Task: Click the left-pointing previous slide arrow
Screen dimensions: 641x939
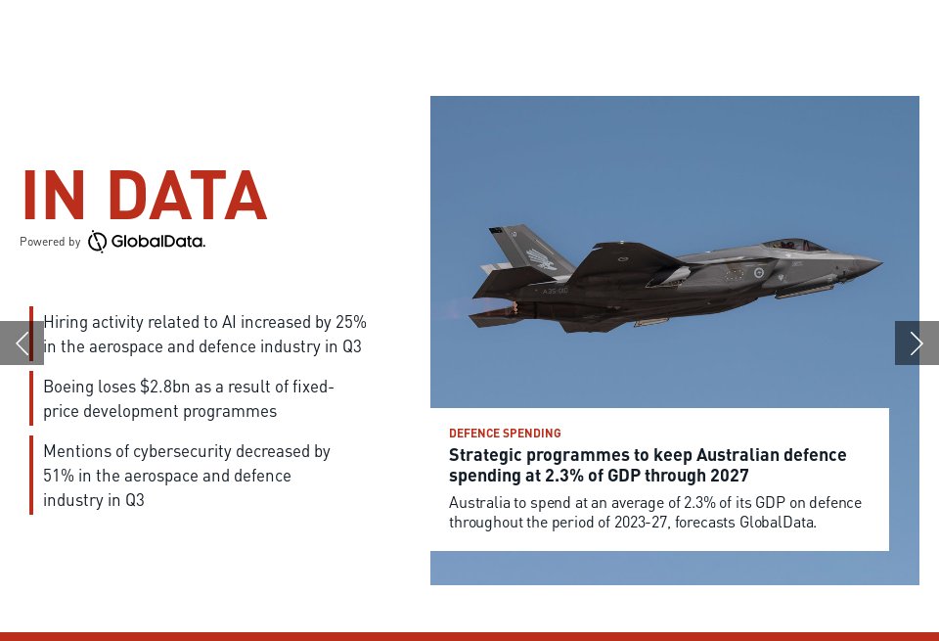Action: pyautogui.click(x=22, y=343)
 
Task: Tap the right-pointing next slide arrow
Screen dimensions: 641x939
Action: pyautogui.click(x=917, y=343)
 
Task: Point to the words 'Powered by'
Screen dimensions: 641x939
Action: pyautogui.click(x=50, y=242)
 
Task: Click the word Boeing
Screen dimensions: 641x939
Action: pyautogui.click(x=69, y=387)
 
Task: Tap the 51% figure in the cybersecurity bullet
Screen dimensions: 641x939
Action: pyautogui.click(x=58, y=476)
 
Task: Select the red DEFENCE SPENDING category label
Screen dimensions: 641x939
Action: pyautogui.click(x=505, y=434)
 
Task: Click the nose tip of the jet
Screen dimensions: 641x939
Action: pyautogui.click(x=879, y=262)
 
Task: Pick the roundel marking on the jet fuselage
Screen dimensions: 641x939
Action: pyautogui.click(x=757, y=273)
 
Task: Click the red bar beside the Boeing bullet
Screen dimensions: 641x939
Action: pyautogui.click(x=31, y=398)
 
